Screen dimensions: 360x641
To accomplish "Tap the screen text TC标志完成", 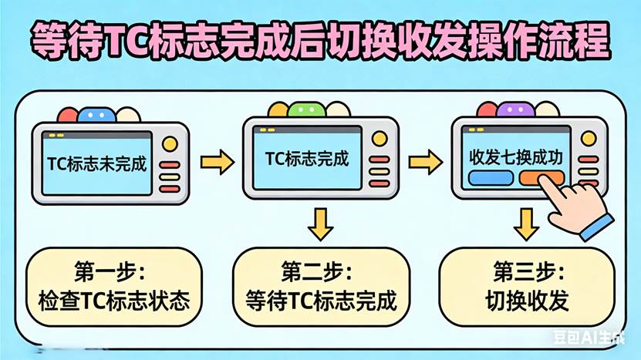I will point(306,160).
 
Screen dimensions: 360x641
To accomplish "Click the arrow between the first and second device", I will point(217,162).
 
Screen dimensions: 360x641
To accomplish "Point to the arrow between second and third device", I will point(423,162).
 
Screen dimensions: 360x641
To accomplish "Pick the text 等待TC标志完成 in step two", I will point(321,300).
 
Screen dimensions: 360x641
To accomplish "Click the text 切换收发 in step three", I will point(528,300).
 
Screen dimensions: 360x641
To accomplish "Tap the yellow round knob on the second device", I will point(379,138).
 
